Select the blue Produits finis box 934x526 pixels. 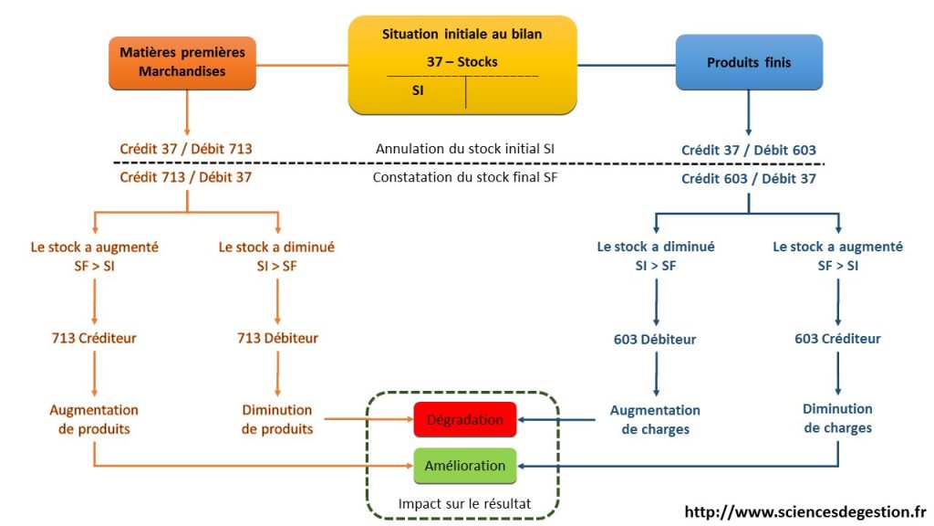749,63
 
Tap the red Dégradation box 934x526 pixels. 465,420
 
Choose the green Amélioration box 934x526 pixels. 465,466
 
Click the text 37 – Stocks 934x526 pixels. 462,62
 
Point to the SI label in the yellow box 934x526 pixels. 418,90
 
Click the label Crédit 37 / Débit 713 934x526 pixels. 186,149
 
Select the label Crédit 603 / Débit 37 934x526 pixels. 749,179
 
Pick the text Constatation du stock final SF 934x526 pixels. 465,178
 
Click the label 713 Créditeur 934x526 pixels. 94,339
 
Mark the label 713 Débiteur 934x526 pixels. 277,339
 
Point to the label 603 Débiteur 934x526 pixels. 655,340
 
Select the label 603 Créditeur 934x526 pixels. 837,339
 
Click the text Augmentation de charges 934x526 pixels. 655,420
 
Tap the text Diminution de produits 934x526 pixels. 277,420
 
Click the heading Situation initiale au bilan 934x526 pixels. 462,34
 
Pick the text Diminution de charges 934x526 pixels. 837,418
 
